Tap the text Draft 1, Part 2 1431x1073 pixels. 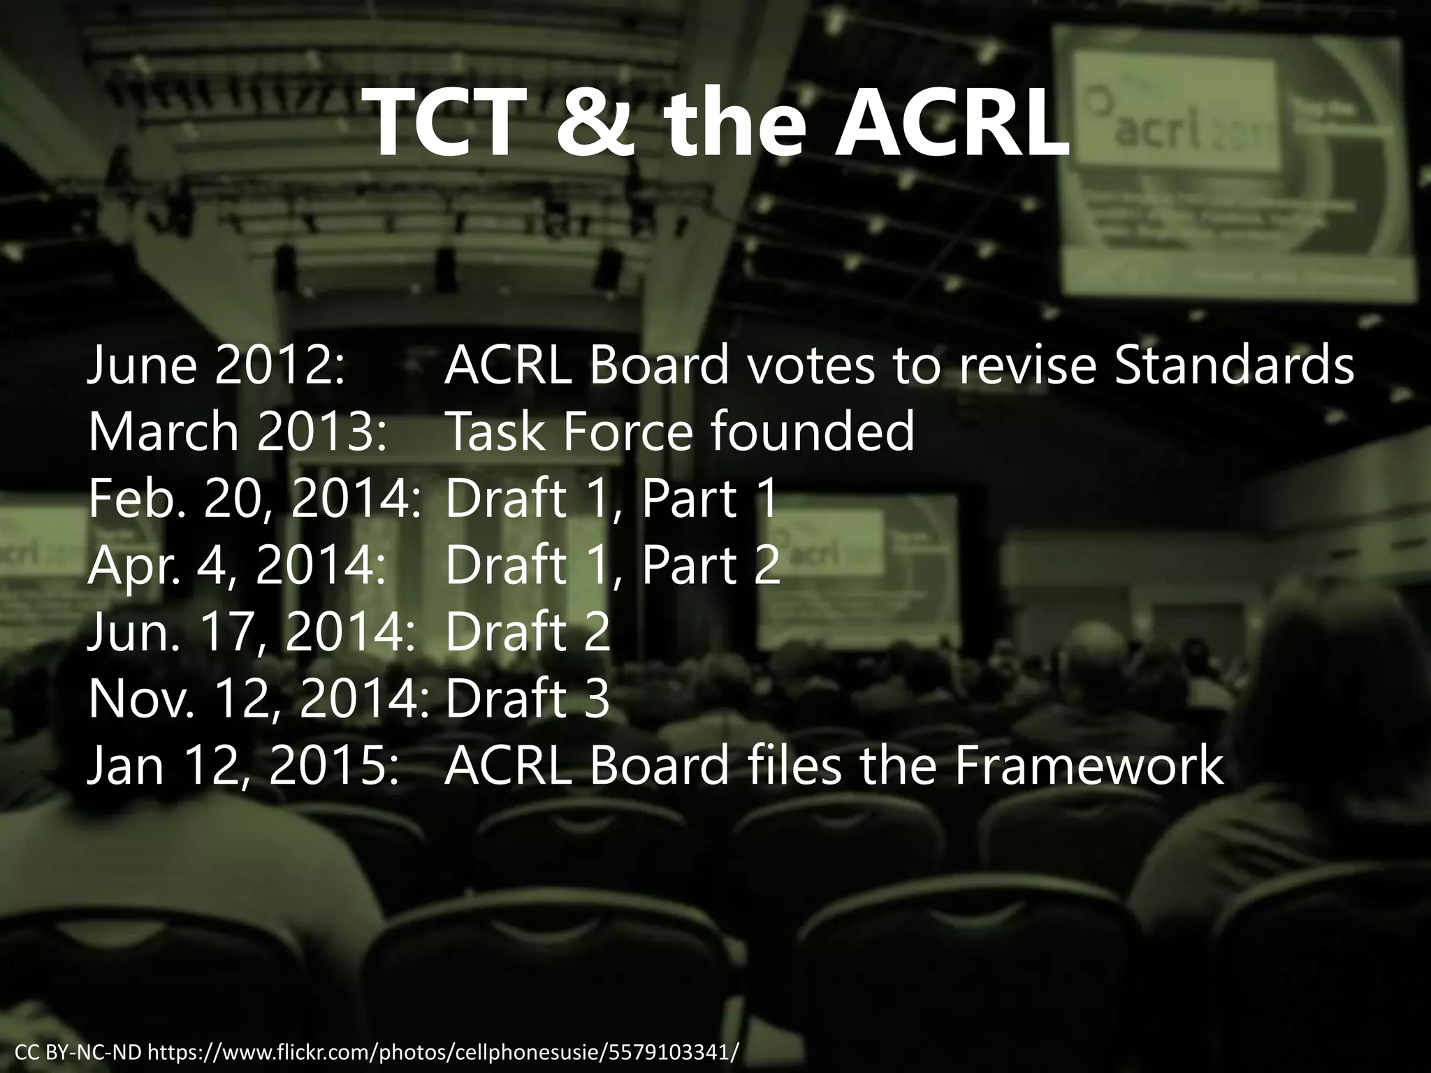click(612, 565)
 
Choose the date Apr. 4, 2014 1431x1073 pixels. click(236, 565)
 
